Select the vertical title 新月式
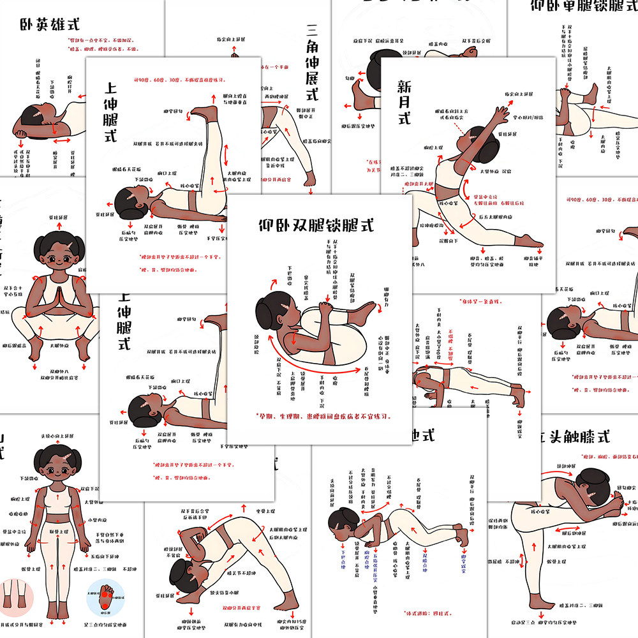coord(404,101)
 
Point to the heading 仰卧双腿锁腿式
coord(316,225)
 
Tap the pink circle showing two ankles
coord(17,595)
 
